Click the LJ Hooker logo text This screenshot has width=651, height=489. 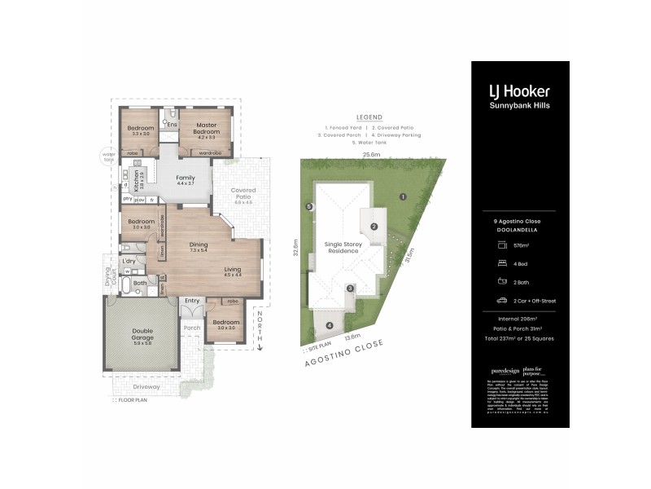click(x=519, y=91)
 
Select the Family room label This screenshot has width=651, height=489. click(x=186, y=180)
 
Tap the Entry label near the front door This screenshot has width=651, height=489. click(x=192, y=301)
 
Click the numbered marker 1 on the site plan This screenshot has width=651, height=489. click(x=402, y=196)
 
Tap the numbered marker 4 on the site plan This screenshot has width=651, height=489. click(x=330, y=326)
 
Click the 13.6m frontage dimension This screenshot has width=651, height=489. click(x=353, y=336)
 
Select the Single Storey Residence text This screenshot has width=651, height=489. click(x=343, y=248)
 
